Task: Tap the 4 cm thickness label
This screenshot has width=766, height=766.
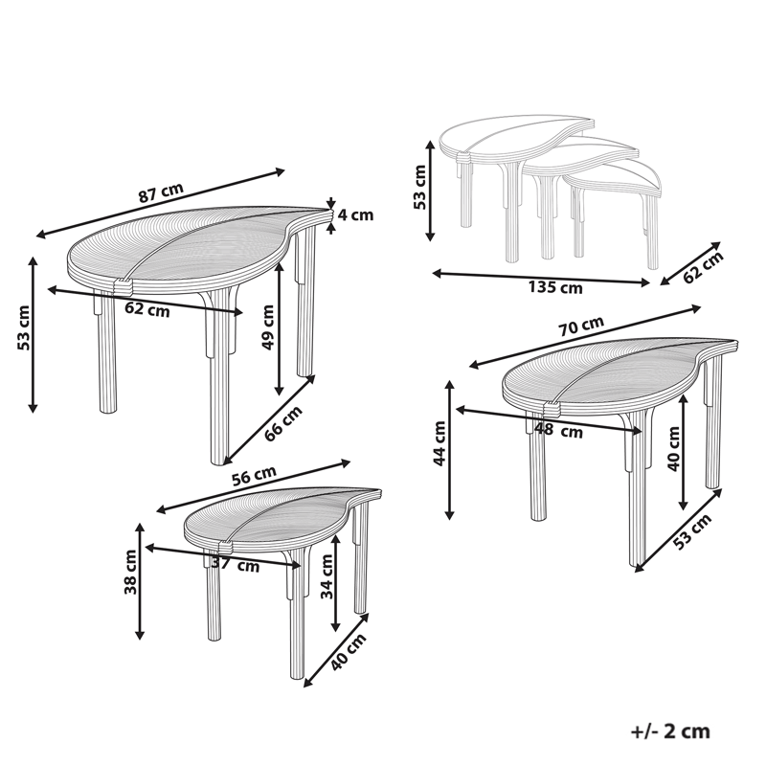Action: (x=356, y=215)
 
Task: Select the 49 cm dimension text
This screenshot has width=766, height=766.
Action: (x=268, y=328)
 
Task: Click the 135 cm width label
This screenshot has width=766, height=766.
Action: (x=555, y=287)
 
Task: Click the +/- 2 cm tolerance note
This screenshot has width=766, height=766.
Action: (x=670, y=732)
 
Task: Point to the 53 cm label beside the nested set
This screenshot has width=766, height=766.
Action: (x=419, y=189)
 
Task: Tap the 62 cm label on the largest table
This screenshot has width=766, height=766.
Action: (x=148, y=309)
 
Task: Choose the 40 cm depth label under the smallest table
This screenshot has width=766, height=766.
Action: (x=347, y=657)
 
